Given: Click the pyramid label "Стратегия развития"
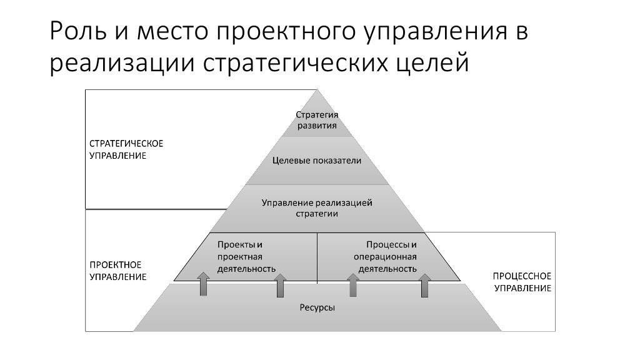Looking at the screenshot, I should tap(316, 120).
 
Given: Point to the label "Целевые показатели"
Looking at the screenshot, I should tap(317, 161).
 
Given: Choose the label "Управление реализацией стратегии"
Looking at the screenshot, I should tap(317, 208).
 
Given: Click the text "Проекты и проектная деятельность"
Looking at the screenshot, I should tap(246, 256).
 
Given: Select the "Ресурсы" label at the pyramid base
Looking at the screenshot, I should tap(317, 307).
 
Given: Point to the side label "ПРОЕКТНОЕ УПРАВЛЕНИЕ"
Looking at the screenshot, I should tap(116, 270).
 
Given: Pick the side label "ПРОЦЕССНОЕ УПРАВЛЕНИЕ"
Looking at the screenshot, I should tap(522, 281).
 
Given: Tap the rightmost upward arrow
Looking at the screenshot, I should tap(425, 284).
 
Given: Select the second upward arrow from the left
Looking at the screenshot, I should tap(279, 286).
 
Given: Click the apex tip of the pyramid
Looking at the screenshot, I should tap(317, 91).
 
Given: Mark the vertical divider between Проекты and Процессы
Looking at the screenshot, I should tap(317, 256).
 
